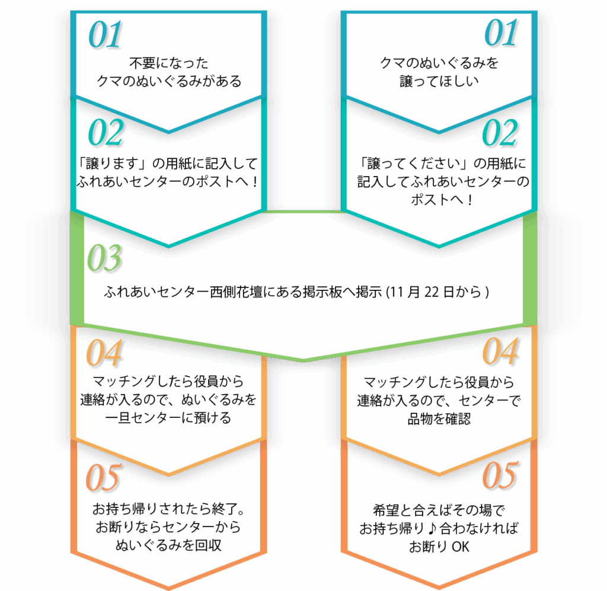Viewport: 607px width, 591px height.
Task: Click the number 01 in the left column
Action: tap(105, 35)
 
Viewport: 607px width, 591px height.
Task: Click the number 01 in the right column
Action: tap(501, 33)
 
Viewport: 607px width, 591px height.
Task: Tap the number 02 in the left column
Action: tap(106, 132)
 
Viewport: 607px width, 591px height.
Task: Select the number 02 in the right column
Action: tap(500, 132)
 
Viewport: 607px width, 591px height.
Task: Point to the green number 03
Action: tap(104, 257)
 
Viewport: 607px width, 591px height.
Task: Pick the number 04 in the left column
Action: tap(104, 353)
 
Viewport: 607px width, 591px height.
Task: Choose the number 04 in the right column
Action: tap(500, 351)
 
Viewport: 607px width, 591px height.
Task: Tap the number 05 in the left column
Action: tap(103, 478)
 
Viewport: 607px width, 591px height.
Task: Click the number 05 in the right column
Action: tap(500, 475)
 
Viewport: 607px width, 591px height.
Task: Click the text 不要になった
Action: tap(168, 63)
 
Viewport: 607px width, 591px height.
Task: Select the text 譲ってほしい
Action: tap(439, 81)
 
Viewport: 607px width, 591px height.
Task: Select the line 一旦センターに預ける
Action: tap(168, 417)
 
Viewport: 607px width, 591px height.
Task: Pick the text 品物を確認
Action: tap(439, 419)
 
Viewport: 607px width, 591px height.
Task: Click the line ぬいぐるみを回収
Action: tap(168, 545)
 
